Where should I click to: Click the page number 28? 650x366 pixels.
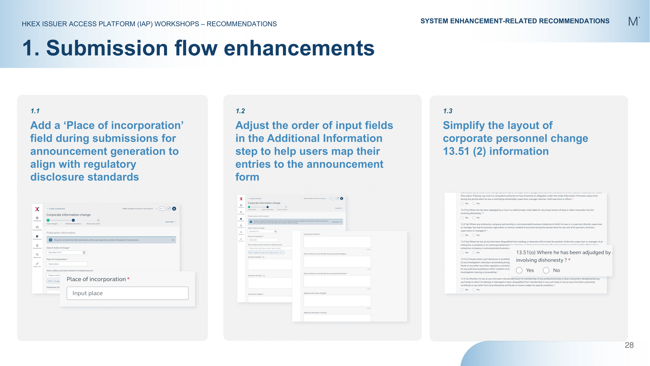coord(629,345)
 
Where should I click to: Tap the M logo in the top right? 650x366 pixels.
coord(633,21)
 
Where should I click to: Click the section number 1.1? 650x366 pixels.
coord(35,111)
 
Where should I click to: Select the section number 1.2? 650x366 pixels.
coord(240,111)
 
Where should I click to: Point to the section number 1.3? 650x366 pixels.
coord(448,111)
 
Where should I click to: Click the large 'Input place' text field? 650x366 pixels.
coord(127,293)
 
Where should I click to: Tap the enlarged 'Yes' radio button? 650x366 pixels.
coord(519,270)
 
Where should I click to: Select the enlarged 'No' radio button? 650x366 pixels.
coord(546,270)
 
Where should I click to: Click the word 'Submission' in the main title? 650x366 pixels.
coord(107,48)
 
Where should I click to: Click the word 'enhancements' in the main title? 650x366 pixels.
coord(299,48)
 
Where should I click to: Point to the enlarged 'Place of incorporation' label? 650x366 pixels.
coord(96,279)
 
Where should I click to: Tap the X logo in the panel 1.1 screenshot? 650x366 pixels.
coord(37,209)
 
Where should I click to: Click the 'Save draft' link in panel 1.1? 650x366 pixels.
coord(169,222)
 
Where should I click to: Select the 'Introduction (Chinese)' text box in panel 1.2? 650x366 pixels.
coord(337,242)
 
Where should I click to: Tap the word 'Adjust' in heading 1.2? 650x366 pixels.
coord(252,125)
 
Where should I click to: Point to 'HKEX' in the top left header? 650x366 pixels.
coord(31,24)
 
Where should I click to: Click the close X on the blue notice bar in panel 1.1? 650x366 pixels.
coord(173,240)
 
